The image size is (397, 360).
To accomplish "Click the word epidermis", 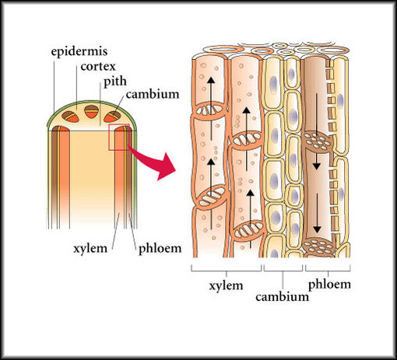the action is pyautogui.click(x=79, y=51).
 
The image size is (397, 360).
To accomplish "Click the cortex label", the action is pyautogui.click(x=98, y=67).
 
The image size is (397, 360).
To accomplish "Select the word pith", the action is pyautogui.click(x=115, y=82).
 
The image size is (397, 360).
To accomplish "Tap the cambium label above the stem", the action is pyautogui.click(x=153, y=94).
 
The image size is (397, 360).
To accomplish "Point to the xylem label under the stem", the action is pyautogui.click(x=90, y=249).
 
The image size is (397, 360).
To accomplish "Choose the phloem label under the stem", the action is pyautogui.click(x=160, y=249).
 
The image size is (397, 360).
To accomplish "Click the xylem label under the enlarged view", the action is pyautogui.click(x=226, y=285).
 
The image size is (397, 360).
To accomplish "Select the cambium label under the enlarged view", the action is pyautogui.click(x=283, y=297).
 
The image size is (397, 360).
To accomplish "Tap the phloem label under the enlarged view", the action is pyautogui.click(x=329, y=285).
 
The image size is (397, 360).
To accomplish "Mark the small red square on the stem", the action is pyautogui.click(x=119, y=137).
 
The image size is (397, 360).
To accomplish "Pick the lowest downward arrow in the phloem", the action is pyautogui.click(x=317, y=214).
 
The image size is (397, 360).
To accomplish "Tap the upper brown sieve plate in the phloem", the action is pyautogui.click(x=318, y=142).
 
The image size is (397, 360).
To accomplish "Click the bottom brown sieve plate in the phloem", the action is pyautogui.click(x=318, y=247).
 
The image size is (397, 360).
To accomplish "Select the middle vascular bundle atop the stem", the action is pyautogui.click(x=92, y=112).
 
